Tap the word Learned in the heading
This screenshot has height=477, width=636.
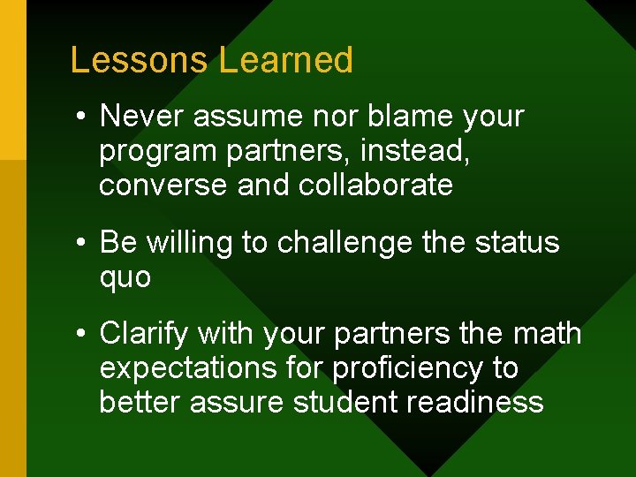pyautogui.click(x=286, y=60)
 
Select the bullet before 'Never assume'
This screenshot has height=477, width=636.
pyautogui.click(x=80, y=117)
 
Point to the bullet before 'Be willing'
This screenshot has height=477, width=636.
pyautogui.click(x=80, y=243)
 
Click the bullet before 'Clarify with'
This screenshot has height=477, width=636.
pyautogui.click(x=80, y=335)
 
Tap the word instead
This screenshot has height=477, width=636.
pyautogui.click(x=413, y=151)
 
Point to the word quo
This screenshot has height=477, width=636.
pyautogui.click(x=125, y=278)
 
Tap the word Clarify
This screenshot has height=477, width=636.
pyautogui.click(x=144, y=334)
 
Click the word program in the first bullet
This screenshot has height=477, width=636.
pyautogui.click(x=159, y=152)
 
